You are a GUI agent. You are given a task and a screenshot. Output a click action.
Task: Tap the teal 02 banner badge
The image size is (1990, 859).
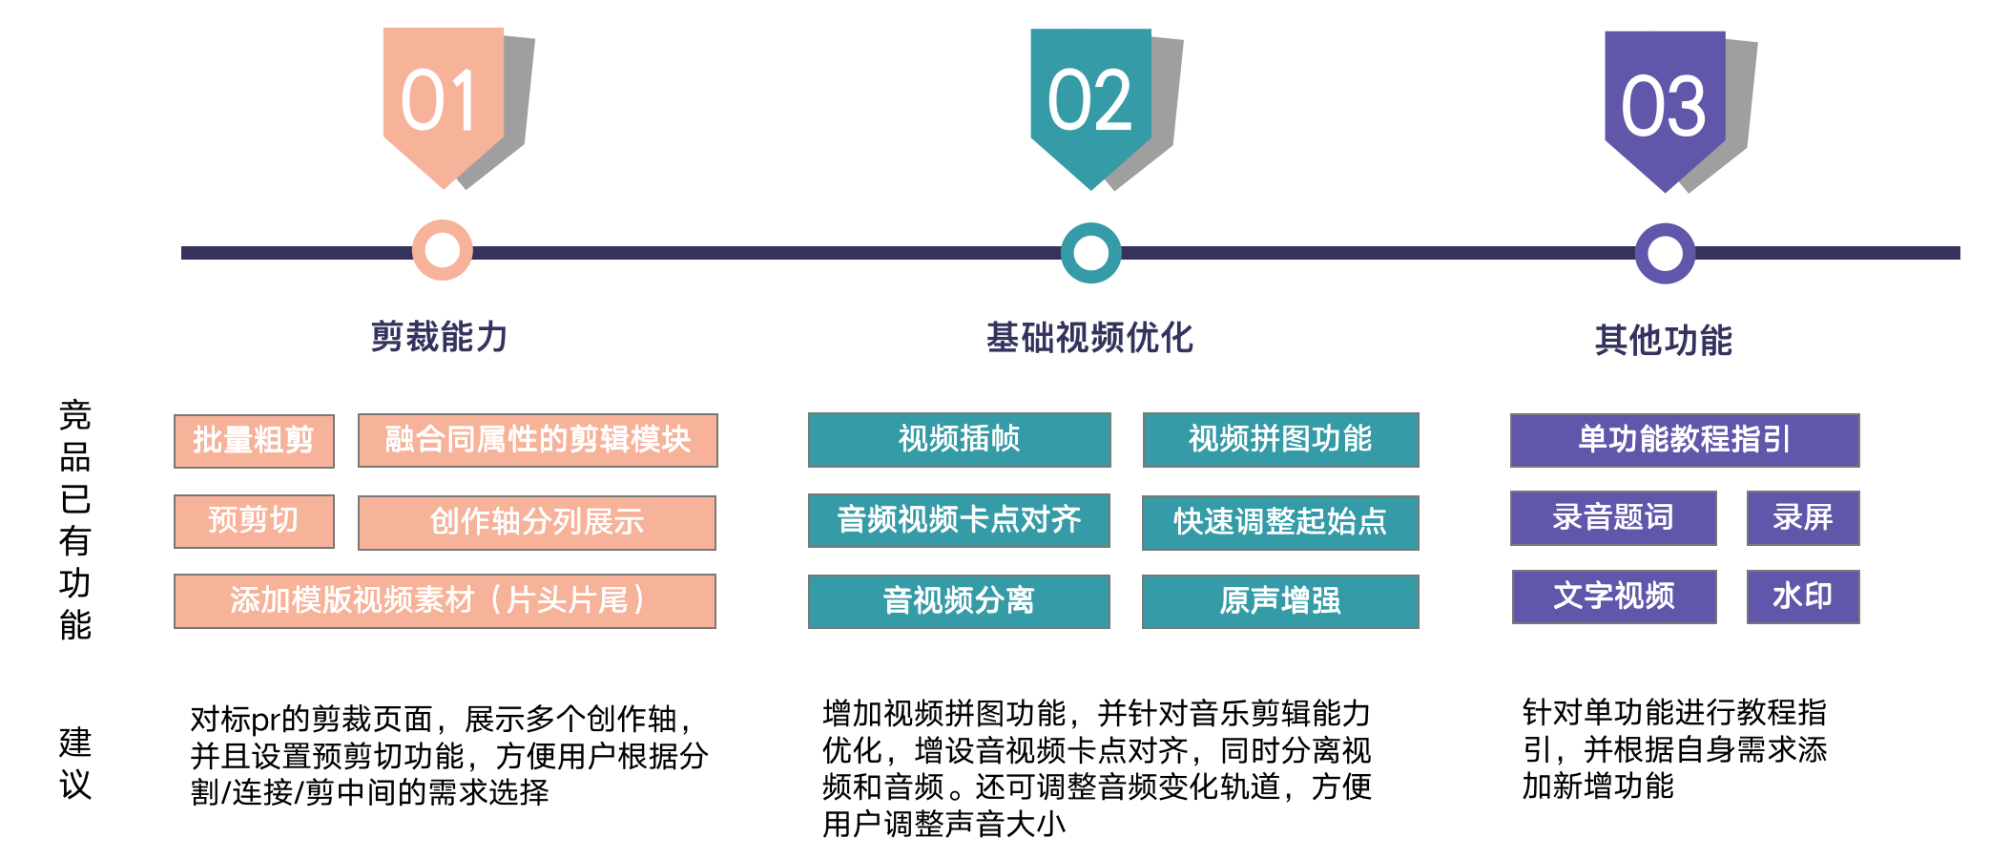(x=1090, y=101)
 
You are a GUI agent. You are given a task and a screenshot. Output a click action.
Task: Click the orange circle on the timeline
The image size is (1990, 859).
(x=443, y=250)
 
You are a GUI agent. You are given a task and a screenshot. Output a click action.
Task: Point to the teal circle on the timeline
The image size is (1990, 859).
(x=1090, y=253)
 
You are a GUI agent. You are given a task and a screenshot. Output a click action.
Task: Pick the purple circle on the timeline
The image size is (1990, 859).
(x=1665, y=253)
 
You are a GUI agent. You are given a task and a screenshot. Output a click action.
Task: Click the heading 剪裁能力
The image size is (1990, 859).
(x=440, y=337)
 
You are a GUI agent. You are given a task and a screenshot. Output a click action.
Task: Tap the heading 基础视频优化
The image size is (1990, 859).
(x=1089, y=338)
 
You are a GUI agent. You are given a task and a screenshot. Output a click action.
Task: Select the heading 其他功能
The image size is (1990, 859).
(x=1664, y=340)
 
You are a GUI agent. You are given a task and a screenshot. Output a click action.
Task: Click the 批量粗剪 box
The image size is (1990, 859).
(x=254, y=441)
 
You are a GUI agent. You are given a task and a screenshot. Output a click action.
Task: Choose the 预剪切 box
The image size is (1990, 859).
(x=254, y=521)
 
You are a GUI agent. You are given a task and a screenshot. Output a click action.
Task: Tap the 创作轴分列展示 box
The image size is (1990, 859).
(x=536, y=522)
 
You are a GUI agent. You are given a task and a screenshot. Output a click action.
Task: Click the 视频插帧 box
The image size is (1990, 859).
(x=959, y=439)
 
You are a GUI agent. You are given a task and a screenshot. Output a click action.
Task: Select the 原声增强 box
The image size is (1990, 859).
(x=1280, y=601)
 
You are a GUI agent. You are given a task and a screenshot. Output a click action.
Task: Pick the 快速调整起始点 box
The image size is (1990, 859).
(x=1280, y=522)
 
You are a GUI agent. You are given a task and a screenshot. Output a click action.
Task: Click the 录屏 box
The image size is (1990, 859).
(x=1803, y=518)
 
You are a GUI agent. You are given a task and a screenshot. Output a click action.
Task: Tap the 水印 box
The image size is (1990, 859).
(x=1803, y=597)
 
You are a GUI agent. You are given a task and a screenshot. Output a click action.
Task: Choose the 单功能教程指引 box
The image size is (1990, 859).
(x=1685, y=440)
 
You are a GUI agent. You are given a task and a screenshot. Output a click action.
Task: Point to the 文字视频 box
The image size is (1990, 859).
(x=1614, y=597)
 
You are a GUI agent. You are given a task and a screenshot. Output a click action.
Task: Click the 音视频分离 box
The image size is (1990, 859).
(x=959, y=601)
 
